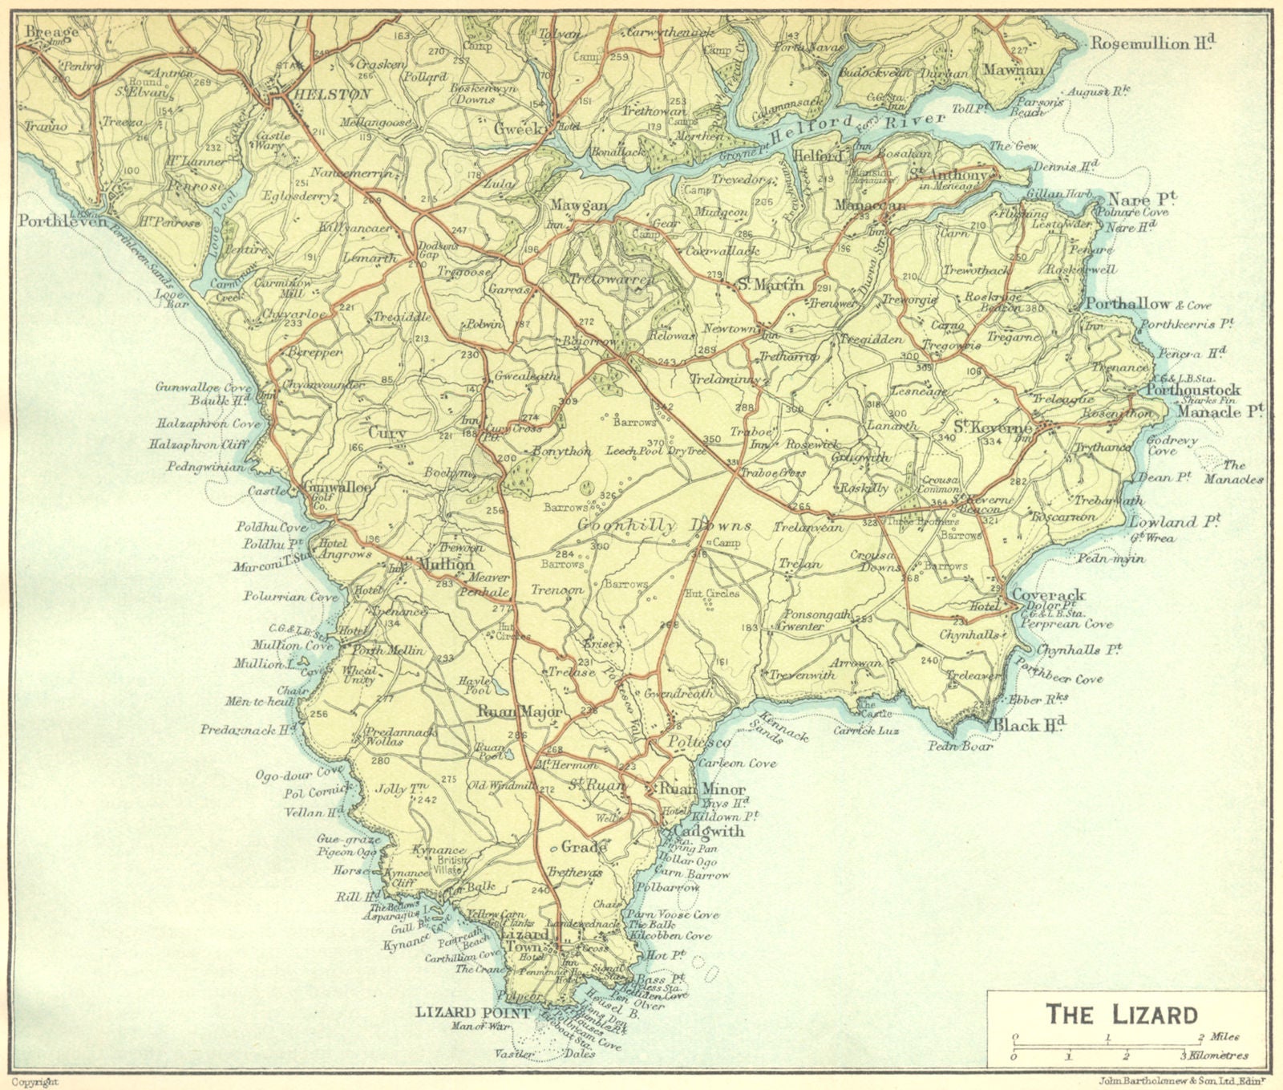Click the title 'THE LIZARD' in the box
pos(1121,1015)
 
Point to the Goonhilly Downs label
pos(664,526)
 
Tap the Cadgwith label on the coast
pos(708,831)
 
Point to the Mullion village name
pos(445,565)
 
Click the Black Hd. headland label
pos(1030,726)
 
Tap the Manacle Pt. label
pos(1220,411)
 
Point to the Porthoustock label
pos(1193,390)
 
